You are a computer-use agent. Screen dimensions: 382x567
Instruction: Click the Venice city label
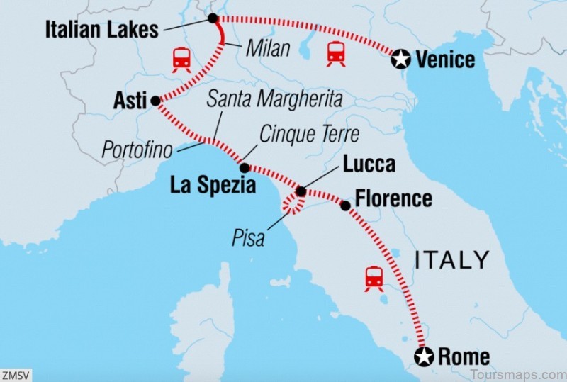tap(445, 60)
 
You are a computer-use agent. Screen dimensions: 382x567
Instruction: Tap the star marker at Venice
tap(402, 60)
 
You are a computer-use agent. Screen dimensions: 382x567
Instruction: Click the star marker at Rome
tap(425, 356)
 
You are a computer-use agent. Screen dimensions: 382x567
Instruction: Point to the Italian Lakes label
tap(101, 30)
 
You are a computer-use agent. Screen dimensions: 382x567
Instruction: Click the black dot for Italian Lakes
tap(212, 18)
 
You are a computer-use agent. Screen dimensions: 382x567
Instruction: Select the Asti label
tap(130, 101)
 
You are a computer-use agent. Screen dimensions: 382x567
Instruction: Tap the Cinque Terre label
tap(309, 133)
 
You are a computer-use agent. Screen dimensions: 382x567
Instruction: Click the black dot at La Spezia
tap(245, 169)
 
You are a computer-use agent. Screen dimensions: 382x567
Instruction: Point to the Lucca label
tap(369, 164)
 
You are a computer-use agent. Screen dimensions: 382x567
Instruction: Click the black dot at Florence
tap(345, 206)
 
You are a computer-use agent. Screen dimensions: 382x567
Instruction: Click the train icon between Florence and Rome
tap(374, 279)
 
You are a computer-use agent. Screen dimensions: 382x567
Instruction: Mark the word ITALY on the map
tap(452, 259)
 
